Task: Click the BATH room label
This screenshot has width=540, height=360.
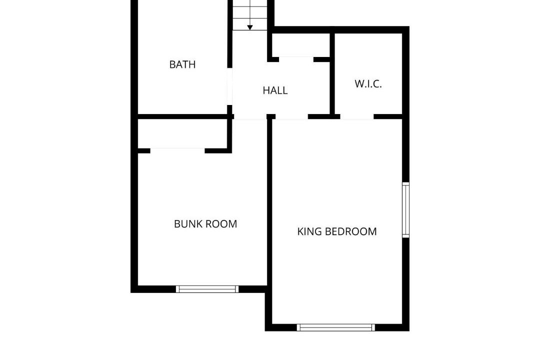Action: pyautogui.click(x=182, y=64)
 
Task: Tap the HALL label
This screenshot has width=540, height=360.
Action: pyautogui.click(x=275, y=90)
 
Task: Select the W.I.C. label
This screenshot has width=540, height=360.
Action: pyautogui.click(x=368, y=84)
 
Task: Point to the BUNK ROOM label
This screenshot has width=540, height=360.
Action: pyautogui.click(x=205, y=224)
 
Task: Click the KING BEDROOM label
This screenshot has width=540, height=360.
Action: pyautogui.click(x=337, y=231)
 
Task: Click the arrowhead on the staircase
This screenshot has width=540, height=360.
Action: pyautogui.click(x=250, y=27)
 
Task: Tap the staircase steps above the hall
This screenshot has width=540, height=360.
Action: pyautogui.click(x=250, y=15)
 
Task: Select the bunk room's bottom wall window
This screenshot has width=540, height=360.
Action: pyautogui.click(x=207, y=289)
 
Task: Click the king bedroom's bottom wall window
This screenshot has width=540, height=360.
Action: pyautogui.click(x=336, y=327)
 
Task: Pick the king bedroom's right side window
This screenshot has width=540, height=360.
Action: pyautogui.click(x=406, y=210)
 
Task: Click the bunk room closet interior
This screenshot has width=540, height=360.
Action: pyautogui.click(x=182, y=133)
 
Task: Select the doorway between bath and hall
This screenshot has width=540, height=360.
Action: pyautogui.click(x=229, y=86)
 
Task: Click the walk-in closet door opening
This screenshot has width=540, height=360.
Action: pyautogui.click(x=357, y=116)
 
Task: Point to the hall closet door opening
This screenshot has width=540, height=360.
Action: pyautogui.click(x=296, y=59)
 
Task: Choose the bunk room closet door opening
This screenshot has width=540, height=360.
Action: pyautogui.click(x=177, y=150)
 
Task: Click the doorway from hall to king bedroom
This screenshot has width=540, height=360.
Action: pyautogui.click(x=291, y=116)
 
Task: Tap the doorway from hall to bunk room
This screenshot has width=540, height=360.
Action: pyautogui.click(x=250, y=116)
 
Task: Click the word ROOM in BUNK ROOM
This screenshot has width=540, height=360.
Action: pyautogui.click(x=222, y=224)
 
